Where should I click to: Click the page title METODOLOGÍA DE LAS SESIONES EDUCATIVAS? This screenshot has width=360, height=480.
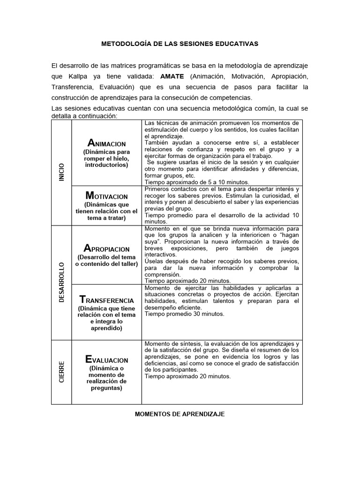tap(180, 44)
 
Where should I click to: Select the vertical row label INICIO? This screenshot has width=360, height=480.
tap(61, 172)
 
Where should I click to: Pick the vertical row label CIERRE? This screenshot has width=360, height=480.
tap(61, 371)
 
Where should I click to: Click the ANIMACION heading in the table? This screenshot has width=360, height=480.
tap(106, 143)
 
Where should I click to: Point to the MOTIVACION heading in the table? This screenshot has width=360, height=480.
tap(106, 195)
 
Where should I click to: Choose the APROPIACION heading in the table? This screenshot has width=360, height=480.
tap(106, 248)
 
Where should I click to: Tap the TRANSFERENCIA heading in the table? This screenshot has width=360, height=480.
tap(106, 299)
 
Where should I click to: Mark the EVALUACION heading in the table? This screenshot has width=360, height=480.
tap(106, 360)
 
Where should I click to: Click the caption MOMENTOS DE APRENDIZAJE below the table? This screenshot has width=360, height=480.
tap(180, 415)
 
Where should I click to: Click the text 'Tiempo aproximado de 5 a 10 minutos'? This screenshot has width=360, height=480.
tap(197, 182)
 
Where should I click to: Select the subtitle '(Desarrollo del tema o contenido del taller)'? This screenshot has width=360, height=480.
tap(106, 261)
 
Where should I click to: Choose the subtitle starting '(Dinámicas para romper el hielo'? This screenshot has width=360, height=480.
tap(106, 158)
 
